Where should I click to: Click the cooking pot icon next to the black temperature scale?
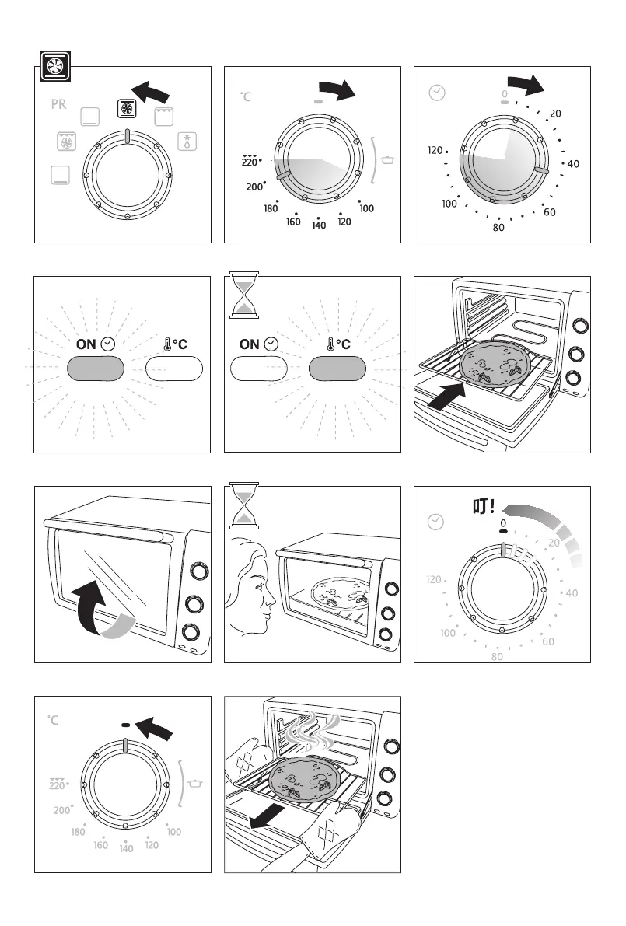(x=389, y=161)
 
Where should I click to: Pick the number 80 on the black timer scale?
(x=499, y=229)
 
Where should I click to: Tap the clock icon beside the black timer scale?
(x=437, y=93)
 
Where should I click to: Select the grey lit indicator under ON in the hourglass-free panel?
(x=96, y=369)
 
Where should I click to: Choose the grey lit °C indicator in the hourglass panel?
(x=337, y=369)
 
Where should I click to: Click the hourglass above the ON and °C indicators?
(x=244, y=295)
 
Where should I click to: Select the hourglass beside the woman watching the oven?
(x=244, y=505)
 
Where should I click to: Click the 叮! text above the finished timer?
(x=484, y=508)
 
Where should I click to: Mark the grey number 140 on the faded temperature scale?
(x=125, y=847)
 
